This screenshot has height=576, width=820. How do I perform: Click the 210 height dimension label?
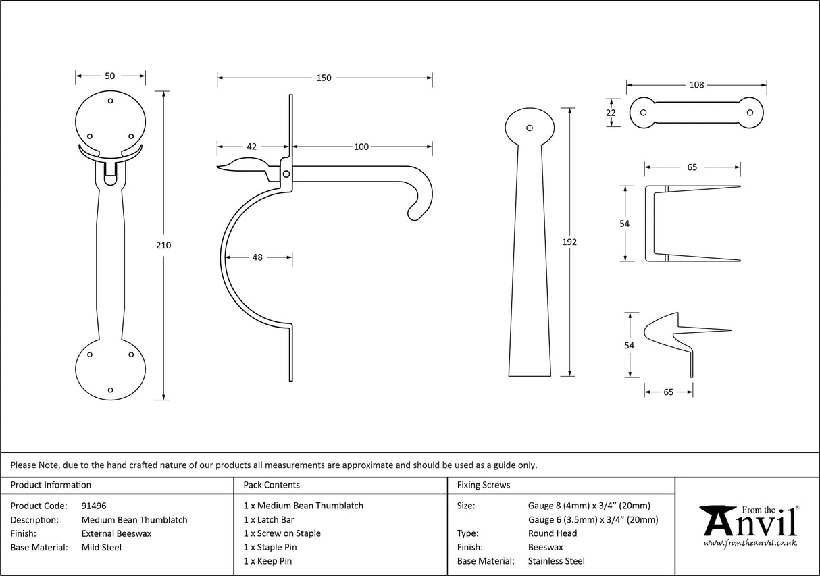pos(163,245)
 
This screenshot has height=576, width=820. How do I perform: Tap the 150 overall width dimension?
pos(324,78)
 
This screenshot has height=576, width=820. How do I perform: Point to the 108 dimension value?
pos(696,85)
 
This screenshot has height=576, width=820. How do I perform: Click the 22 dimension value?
pos(611,113)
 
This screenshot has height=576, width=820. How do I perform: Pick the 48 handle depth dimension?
pos(258,257)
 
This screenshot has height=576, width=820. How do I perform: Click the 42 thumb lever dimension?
pos(251,147)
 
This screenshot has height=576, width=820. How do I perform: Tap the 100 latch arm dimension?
pos(361,147)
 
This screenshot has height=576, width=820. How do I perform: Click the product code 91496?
pos(94,506)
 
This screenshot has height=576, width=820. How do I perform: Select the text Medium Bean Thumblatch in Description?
pos(134,520)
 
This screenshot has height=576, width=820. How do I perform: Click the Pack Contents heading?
pos(272,485)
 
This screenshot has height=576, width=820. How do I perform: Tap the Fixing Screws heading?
pos(484,485)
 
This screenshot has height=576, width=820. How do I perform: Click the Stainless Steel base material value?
pos(557,561)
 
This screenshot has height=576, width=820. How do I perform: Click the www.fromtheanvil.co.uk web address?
pos(750,543)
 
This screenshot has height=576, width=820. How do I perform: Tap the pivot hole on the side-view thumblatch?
pos(286,174)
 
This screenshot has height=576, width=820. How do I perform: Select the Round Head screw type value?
pos(552,533)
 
